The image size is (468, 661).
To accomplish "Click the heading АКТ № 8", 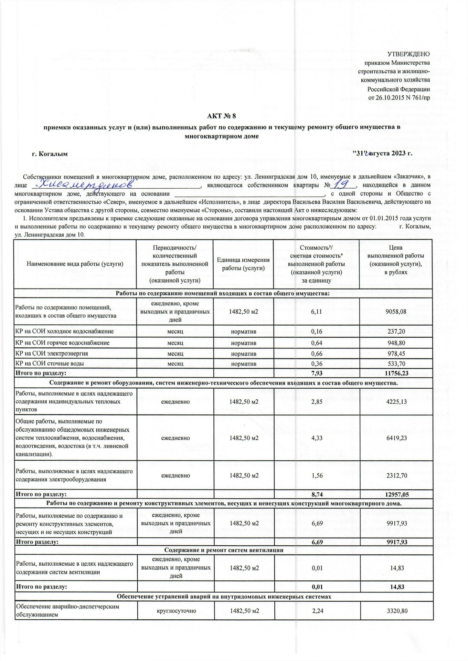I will (x=222, y=116).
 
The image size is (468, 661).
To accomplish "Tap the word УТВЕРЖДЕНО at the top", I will (x=408, y=54).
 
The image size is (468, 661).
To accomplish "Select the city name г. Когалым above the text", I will (x=50, y=154).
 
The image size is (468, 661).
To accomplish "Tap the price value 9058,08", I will (x=396, y=312).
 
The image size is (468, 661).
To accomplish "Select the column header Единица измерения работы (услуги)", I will (x=243, y=264).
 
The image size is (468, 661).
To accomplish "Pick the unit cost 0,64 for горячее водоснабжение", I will (x=317, y=343).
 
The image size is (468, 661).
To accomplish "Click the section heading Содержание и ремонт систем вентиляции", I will (x=224, y=550).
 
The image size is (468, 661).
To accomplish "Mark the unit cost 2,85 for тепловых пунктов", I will (x=317, y=402).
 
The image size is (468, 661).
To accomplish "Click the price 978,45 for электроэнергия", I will (x=396, y=354).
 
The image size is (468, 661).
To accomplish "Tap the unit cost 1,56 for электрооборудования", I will (x=317, y=475).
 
